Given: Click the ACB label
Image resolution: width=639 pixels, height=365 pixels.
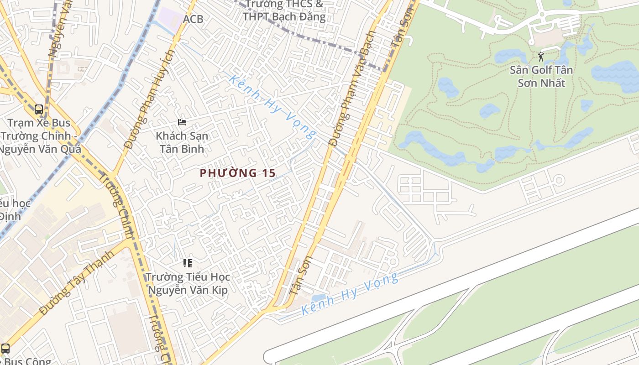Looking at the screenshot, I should (x=193, y=19).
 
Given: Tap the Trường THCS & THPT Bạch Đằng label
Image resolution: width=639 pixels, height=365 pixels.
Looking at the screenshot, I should (x=284, y=10).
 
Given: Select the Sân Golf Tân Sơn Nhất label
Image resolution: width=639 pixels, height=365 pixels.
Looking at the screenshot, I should (x=541, y=77).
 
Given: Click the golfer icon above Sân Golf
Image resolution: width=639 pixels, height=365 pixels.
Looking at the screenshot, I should (x=541, y=57).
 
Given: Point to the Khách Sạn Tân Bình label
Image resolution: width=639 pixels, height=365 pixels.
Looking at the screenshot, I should (x=182, y=142).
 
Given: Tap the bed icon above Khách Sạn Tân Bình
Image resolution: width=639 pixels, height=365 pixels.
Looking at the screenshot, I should (x=182, y=122).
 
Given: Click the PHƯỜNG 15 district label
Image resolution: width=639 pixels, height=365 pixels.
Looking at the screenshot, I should (x=238, y=173).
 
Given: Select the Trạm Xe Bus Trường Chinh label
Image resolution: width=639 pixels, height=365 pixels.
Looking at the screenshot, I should (x=40, y=136).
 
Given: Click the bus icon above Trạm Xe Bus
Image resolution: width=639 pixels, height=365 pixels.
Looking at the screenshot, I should (x=39, y=109).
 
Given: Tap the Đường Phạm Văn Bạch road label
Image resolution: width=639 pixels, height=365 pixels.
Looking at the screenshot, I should (x=352, y=89).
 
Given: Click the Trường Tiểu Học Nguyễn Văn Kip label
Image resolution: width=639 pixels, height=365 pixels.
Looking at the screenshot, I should (x=188, y=283).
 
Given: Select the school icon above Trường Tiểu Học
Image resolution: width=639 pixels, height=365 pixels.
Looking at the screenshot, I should (x=187, y=263).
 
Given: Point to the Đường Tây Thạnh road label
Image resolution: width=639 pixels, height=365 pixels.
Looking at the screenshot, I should (x=76, y=283).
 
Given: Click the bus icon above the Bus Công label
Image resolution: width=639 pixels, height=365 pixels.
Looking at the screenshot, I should (x=5, y=349).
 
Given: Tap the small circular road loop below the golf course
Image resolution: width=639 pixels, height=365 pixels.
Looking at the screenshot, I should (x=559, y=180).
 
